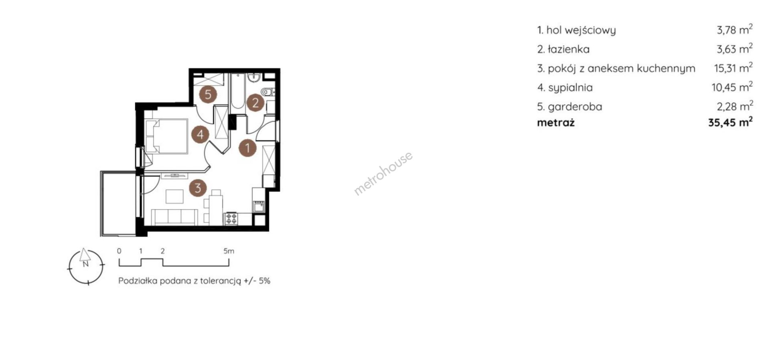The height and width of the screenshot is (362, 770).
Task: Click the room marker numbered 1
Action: point(247,148)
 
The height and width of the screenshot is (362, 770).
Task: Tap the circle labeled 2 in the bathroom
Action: point(255,103)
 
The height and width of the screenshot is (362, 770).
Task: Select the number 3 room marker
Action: point(197,187)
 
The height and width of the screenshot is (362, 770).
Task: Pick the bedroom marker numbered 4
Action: point(200,134)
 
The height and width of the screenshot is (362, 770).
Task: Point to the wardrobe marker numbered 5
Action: point(208,95)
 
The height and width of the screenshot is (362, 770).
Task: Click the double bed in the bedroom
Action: point(166,136)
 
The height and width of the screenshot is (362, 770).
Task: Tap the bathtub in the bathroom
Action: point(237,91)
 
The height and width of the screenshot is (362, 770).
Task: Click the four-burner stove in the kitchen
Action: point(232,218)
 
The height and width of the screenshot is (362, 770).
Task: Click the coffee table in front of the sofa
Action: point(174,196)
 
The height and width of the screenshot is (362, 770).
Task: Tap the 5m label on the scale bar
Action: point(229,251)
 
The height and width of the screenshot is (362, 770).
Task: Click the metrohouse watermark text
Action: point(383,173)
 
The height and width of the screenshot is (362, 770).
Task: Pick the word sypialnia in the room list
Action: point(570,87)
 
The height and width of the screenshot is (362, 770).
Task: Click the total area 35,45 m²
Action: point(730,122)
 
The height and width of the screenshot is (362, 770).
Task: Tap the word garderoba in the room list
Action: point(575,107)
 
